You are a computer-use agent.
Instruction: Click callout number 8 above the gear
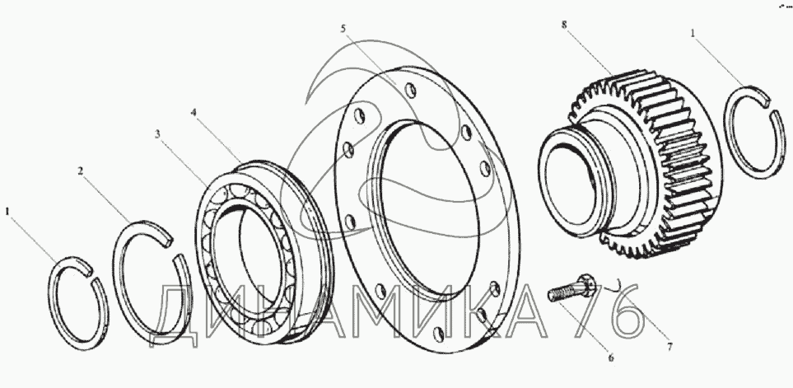[563, 26]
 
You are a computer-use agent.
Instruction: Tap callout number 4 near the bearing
[194, 111]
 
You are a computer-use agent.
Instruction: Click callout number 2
[81, 171]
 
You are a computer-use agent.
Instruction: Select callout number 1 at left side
[9, 212]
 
